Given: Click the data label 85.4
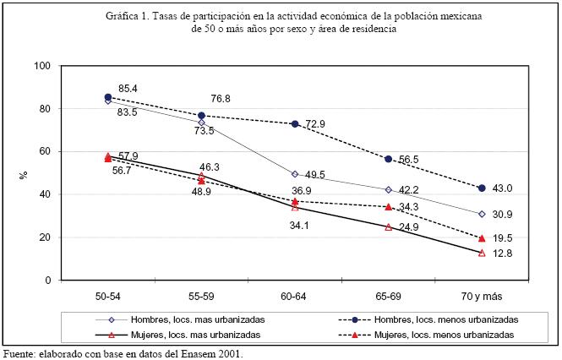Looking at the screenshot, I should tap(128, 88).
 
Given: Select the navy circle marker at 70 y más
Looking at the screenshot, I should tap(482, 188).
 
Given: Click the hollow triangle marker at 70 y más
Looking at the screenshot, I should tap(482, 253).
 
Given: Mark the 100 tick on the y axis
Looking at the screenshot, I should tap(41, 66).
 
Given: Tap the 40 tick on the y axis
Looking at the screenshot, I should tap(44, 194).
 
